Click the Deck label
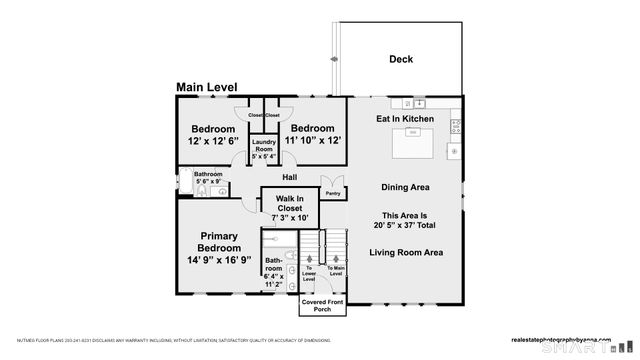(401, 60)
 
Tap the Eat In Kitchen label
(405, 119)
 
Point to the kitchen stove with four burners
(456, 126)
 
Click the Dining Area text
(405, 187)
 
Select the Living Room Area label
(406, 252)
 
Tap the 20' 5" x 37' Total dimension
(406, 226)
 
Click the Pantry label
(334, 194)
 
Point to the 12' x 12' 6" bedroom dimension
(214, 141)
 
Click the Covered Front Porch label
(323, 305)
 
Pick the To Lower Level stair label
(310, 274)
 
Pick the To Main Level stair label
(335, 270)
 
